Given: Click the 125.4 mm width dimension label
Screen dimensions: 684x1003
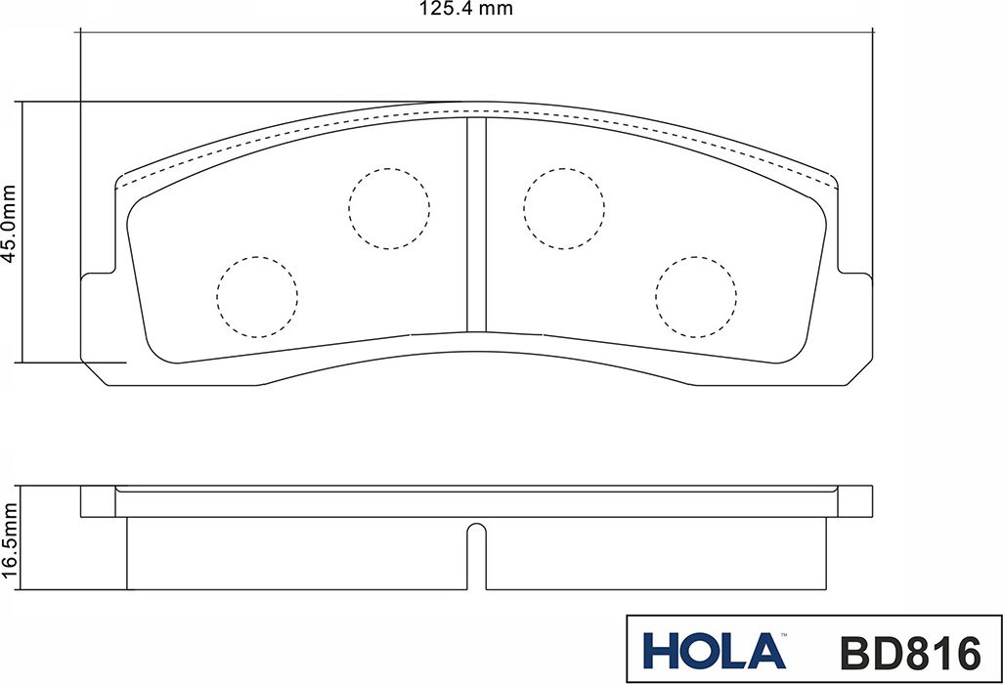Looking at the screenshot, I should tap(466, 10).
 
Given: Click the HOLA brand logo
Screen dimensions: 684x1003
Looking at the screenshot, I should tap(714, 651).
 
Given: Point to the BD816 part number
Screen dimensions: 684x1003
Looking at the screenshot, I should tap(909, 651).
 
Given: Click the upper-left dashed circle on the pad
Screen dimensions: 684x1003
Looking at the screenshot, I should tap(389, 208).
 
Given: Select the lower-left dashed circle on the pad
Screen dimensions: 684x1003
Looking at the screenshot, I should tap(256, 297).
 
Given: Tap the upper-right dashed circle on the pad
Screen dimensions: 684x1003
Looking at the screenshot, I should tap(564, 208).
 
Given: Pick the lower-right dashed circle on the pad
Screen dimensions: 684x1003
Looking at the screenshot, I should tap(696, 297).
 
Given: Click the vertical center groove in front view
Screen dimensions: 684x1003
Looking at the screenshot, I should tap(476, 225).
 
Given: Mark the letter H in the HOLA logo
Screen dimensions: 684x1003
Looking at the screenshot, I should tap(660, 651).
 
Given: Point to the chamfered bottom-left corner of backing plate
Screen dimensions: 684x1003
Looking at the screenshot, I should tap(94, 372).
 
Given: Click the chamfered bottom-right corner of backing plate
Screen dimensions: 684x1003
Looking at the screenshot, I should tap(858, 372).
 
